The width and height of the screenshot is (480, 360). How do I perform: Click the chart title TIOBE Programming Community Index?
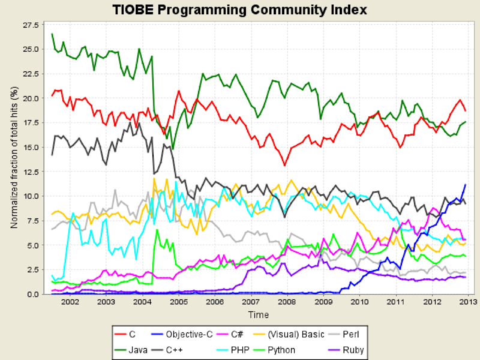(x=239, y=10)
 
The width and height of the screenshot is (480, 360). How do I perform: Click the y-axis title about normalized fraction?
(x=13, y=157)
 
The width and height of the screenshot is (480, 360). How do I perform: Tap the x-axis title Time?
(x=259, y=314)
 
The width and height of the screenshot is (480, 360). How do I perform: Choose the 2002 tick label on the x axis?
(x=70, y=302)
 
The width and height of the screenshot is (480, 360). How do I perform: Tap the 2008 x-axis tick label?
(x=287, y=302)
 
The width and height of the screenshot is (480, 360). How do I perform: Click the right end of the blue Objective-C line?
(x=466, y=184)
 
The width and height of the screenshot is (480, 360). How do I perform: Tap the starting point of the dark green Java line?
(x=52, y=34)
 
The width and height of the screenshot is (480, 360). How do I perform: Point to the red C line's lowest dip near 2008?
(x=284, y=166)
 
